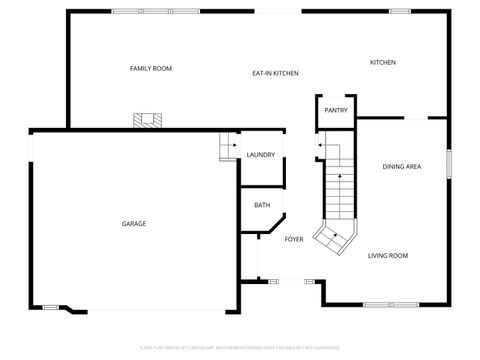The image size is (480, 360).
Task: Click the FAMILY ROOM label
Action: (x=151, y=68)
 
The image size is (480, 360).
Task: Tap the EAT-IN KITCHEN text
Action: (x=275, y=73)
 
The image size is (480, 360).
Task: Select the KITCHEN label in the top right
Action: (x=383, y=62)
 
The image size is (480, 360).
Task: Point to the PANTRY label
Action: (x=336, y=110)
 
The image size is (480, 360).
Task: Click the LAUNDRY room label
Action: (x=261, y=155)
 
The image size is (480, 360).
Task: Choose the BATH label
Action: (x=262, y=205)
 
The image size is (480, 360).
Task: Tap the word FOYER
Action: (x=294, y=239)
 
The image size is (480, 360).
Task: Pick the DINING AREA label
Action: (x=401, y=167)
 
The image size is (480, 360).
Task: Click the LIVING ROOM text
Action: (x=388, y=256)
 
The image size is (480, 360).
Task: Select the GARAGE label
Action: (x=134, y=223)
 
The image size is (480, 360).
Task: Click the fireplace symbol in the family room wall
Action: (x=148, y=121)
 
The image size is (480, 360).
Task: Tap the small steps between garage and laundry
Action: (x=227, y=146)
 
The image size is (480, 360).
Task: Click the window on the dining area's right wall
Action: (x=449, y=162)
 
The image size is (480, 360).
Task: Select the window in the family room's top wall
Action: (x=140, y=11)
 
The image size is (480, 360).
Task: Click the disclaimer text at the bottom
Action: (x=240, y=348)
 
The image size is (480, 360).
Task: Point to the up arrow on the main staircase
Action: (x=340, y=176)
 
